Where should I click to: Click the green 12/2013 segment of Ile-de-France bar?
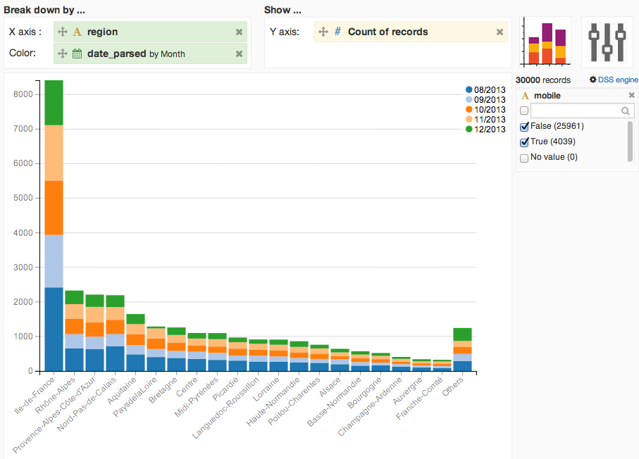(54, 103)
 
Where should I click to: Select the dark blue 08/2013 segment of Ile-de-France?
(54, 329)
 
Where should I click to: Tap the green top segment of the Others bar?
(463, 334)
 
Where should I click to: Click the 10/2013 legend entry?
(485, 110)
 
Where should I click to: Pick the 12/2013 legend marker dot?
(469, 129)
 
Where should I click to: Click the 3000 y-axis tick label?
(23, 268)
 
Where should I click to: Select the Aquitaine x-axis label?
(121, 391)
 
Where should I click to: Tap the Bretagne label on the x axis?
(163, 390)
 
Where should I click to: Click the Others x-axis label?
(453, 386)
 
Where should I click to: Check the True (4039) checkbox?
(524, 142)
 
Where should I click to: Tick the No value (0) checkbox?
(524, 158)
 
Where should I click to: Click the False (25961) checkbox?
(524, 127)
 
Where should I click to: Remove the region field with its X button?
(240, 32)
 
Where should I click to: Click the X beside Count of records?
(500, 32)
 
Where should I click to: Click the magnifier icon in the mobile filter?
(626, 111)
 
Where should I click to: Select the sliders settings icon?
(607, 42)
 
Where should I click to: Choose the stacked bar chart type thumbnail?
(546, 42)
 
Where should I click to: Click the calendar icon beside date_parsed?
(77, 54)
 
